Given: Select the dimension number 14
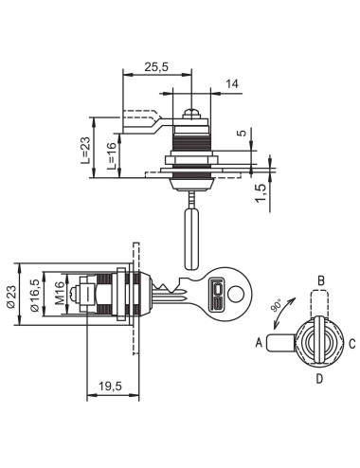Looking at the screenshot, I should click(232, 84).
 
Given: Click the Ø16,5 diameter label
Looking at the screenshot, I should click(35, 297).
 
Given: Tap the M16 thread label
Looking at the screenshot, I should click(60, 297).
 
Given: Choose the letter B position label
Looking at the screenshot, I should click(321, 280).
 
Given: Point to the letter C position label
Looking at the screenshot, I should click(352, 343).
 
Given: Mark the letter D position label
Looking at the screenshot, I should click(320, 378).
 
